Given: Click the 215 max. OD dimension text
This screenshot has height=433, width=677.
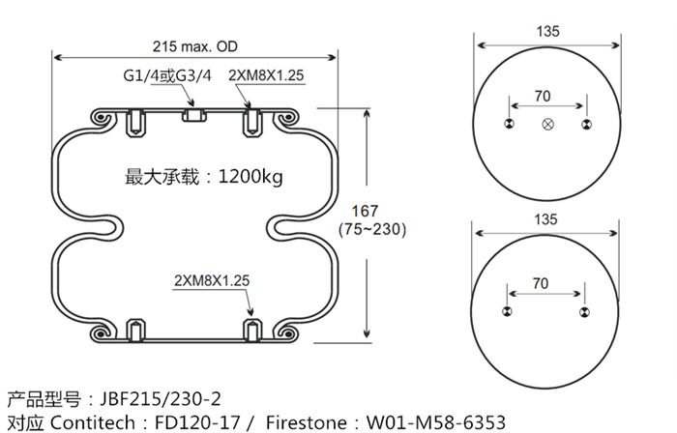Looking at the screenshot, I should coord(195,45).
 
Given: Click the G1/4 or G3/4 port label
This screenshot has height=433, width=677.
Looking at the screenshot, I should coord(165,76).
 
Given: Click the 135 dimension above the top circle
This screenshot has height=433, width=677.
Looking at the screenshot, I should coord(547,30).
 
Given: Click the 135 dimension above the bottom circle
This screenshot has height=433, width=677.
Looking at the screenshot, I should coord(547,219).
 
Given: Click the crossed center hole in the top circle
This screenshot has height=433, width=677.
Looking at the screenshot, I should coord(548,124).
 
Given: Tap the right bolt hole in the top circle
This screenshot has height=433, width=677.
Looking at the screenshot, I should coord(584,124).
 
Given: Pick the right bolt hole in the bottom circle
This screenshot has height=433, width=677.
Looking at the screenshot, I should coord(584,311).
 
